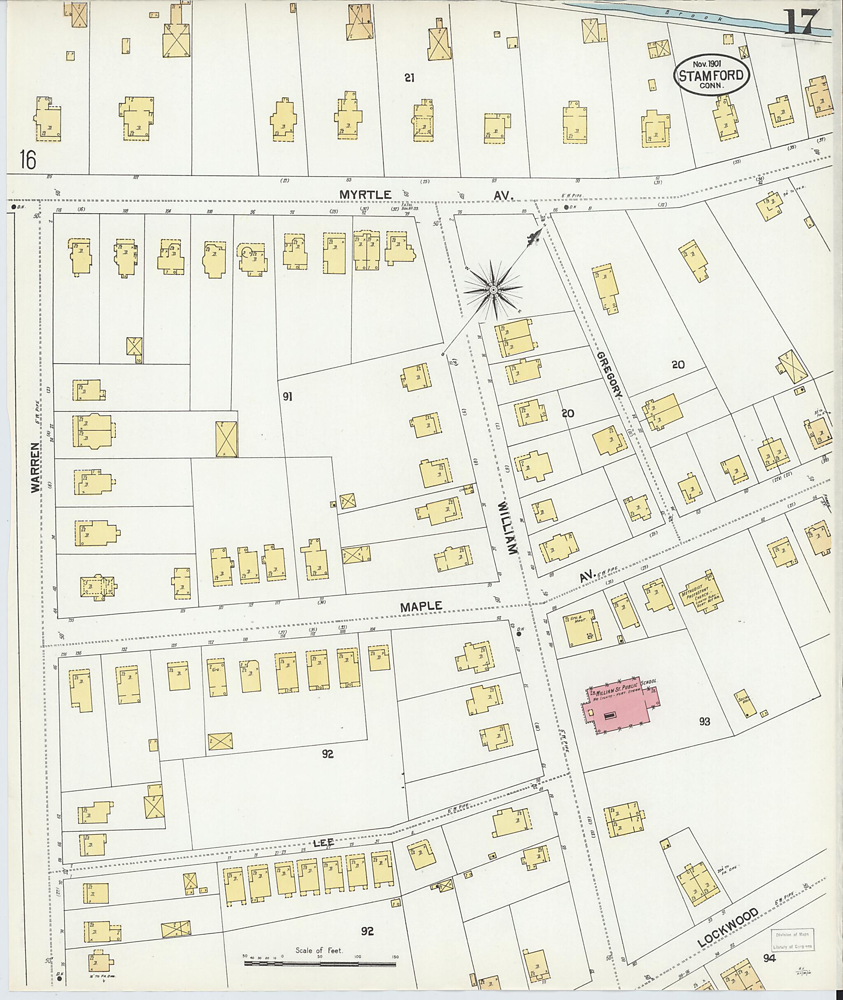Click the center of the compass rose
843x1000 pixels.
493,290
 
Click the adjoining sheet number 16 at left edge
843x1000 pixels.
28,159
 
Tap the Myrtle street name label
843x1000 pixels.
366,195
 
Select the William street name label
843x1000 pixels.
507,529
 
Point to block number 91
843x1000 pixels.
287,396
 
